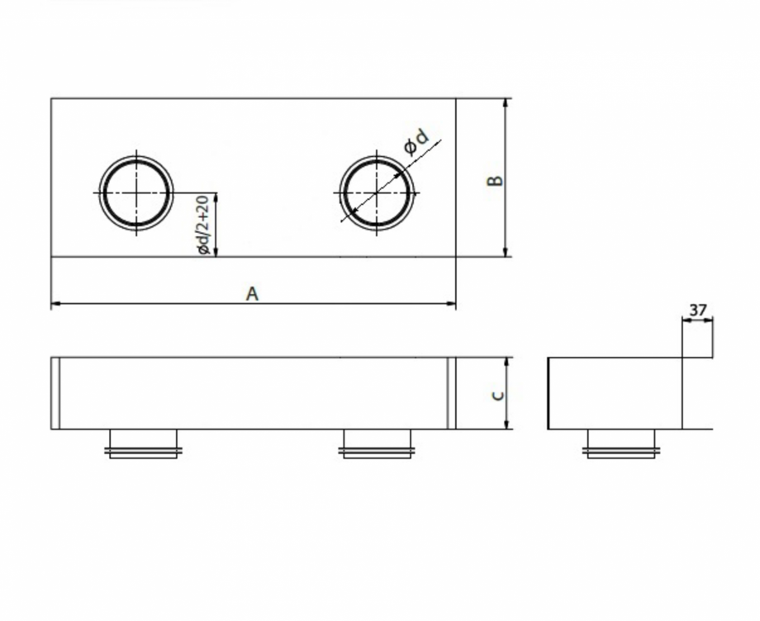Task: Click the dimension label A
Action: click(253, 293)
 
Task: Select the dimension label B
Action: click(494, 181)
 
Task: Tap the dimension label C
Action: click(496, 395)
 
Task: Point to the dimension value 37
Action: click(698, 310)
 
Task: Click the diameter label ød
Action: click(417, 142)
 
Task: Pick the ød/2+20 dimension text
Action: click(202, 225)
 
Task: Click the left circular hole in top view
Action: click(136, 193)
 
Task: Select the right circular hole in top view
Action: click(378, 193)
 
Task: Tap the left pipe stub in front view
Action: click(143, 443)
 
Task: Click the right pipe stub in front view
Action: click(377, 443)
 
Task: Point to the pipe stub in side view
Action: click(620, 443)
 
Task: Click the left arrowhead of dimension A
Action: click(55, 304)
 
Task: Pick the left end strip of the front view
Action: click(55, 393)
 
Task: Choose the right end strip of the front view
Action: click(451, 393)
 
